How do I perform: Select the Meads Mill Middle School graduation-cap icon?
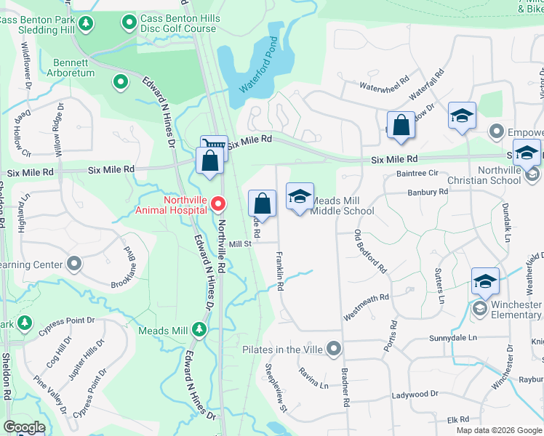(300, 197)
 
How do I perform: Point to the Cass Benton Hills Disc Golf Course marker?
(129, 23)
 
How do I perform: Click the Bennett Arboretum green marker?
(118, 81)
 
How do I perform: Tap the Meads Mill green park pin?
(198, 331)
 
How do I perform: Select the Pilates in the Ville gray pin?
(334, 350)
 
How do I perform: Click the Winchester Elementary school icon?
(485, 282)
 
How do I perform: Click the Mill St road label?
(240, 245)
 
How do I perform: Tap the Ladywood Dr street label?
(415, 394)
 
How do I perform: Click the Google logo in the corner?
(24, 427)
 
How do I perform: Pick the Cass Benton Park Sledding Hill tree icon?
(86, 24)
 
